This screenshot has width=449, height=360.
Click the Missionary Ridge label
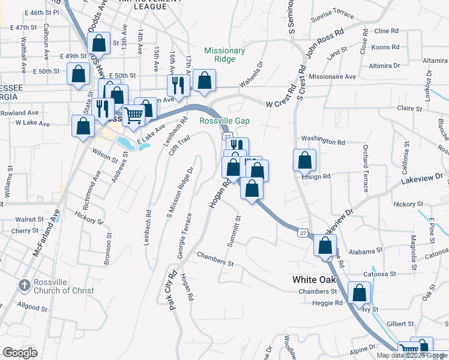tap(224, 55)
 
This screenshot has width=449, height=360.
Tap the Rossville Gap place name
tap(224, 121)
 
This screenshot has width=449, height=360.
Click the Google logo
tap(20, 353)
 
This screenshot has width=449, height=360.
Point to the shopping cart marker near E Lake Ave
tap(134, 114)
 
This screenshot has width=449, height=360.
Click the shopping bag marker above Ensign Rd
tap(304, 160)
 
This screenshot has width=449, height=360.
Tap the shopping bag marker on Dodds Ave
tap(99, 43)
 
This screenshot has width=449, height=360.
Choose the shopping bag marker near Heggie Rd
tap(360, 293)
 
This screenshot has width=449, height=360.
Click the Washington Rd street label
tap(324, 142)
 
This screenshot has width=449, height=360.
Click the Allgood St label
tap(32, 307)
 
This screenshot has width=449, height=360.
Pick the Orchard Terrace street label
tap(365, 169)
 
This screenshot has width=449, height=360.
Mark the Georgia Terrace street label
tap(184, 236)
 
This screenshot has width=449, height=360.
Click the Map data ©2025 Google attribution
tap(412, 355)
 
